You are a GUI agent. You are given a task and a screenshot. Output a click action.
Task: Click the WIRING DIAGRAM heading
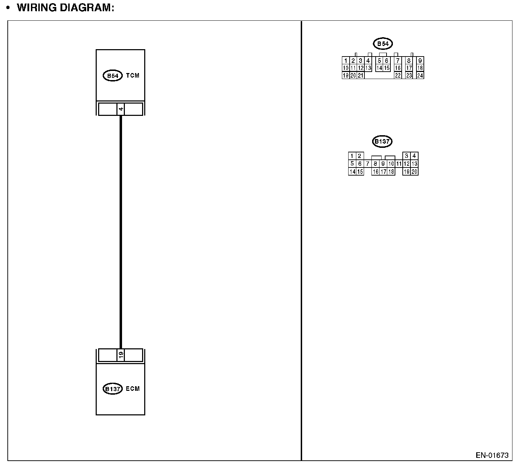point(65,8)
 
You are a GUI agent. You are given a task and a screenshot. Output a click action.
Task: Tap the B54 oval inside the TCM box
point(113,75)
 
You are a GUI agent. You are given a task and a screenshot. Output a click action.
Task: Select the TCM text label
point(133,75)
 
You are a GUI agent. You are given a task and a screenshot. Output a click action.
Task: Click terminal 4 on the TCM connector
point(121,109)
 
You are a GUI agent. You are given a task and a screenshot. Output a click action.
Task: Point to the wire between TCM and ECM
point(121,232)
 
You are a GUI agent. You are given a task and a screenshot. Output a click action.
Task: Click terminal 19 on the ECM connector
point(121,355)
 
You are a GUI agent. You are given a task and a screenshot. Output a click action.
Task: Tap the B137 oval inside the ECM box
point(113,389)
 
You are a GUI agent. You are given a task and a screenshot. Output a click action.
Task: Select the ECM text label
point(133,389)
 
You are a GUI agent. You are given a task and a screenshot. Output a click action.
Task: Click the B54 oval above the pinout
point(383,44)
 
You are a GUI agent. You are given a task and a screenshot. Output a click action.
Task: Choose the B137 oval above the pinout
point(382,142)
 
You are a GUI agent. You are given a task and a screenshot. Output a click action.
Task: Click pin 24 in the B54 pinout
point(420,75)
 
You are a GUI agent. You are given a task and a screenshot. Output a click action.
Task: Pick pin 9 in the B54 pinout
point(420,61)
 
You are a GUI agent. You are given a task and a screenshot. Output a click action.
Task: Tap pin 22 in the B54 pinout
point(398,75)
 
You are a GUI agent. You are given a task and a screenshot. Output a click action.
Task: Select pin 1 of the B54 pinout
point(346,61)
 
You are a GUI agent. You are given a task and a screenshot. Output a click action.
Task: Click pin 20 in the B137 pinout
point(414,172)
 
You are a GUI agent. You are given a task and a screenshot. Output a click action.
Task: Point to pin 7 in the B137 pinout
point(368,164)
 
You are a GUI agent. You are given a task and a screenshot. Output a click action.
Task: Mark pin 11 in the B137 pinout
point(399,164)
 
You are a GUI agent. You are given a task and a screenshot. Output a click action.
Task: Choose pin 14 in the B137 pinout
point(352,172)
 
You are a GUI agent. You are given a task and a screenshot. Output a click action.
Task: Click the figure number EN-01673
point(492,455)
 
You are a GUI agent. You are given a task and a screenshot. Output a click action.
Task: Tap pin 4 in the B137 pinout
point(414,156)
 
